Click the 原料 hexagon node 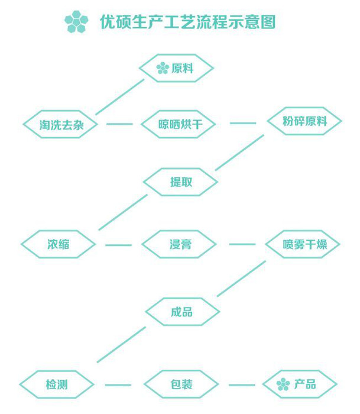176,68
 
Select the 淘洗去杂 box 60,124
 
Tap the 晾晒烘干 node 179,124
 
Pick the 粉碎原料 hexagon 304,121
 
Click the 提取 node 180,182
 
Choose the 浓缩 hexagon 59,244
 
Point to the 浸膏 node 179,244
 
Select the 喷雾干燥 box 303,244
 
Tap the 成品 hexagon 183,312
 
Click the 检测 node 57,384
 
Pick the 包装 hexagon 181,384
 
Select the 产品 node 300,384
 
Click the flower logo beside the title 76,22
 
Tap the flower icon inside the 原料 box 163,68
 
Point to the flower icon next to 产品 283,384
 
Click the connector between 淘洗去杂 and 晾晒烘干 119,124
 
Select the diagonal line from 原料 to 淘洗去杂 120,97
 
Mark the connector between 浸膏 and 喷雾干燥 242,244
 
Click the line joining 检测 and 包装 118,385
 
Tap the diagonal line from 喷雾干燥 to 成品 241,279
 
